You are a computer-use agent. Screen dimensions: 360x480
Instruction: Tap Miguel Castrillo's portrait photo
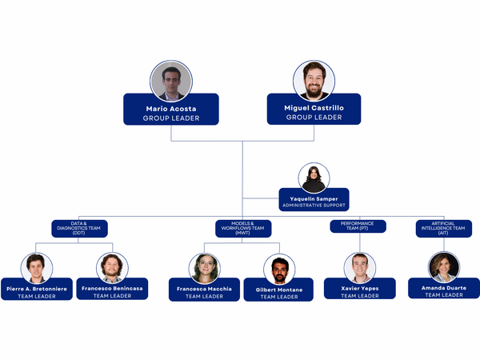314,81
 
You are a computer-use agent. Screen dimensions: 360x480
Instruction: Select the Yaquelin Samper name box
314,200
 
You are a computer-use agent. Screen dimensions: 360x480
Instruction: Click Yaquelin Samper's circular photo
314,178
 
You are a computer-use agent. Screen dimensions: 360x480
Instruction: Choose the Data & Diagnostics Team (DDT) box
79,229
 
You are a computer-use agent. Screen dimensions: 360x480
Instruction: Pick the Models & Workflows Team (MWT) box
243,229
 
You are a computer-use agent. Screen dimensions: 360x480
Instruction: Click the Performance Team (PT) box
358,226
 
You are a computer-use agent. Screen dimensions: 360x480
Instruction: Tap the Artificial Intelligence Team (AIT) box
442,229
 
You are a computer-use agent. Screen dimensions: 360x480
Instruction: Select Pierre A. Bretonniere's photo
37,268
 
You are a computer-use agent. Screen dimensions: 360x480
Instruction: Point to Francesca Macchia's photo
205,268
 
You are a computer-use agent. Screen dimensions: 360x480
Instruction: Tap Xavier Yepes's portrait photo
359,268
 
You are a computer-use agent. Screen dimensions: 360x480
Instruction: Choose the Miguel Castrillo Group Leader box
314,110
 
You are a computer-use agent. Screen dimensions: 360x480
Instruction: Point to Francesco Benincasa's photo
113,268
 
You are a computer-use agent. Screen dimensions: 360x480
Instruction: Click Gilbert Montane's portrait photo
279,270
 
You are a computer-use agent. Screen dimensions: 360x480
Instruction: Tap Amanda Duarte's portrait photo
443,267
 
